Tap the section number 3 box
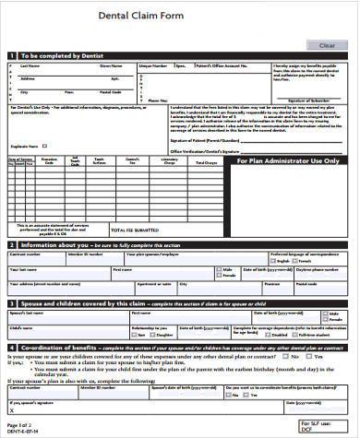(10, 302)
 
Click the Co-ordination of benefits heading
(58, 347)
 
